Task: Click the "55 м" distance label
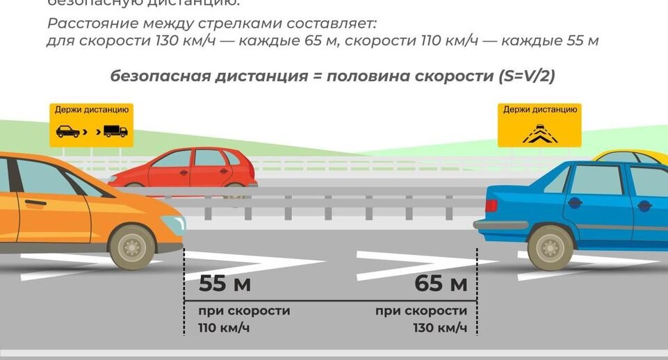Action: [x=225, y=284]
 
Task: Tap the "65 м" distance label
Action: [x=441, y=284]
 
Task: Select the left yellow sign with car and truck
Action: [x=91, y=125]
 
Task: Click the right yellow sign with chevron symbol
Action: [x=539, y=125]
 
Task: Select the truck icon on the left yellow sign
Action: [x=115, y=131]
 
